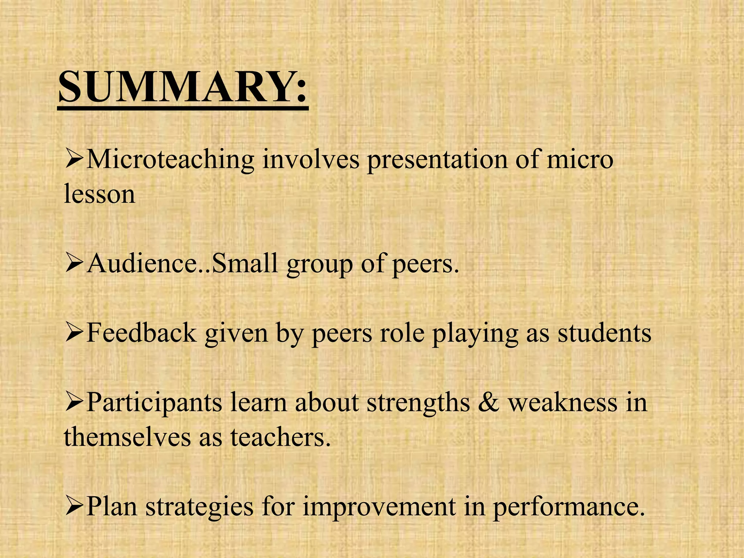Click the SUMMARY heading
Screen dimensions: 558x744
183,87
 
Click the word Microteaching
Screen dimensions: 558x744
170,160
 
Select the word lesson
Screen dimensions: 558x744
100,194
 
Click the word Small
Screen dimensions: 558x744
245,263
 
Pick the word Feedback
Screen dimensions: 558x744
142,333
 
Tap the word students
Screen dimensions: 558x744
604,333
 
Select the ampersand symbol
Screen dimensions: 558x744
489,403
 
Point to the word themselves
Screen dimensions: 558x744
127,437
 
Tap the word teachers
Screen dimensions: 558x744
281,437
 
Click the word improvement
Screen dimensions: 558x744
379,506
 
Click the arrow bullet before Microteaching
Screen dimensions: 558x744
74,160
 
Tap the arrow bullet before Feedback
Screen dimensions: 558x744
74,333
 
